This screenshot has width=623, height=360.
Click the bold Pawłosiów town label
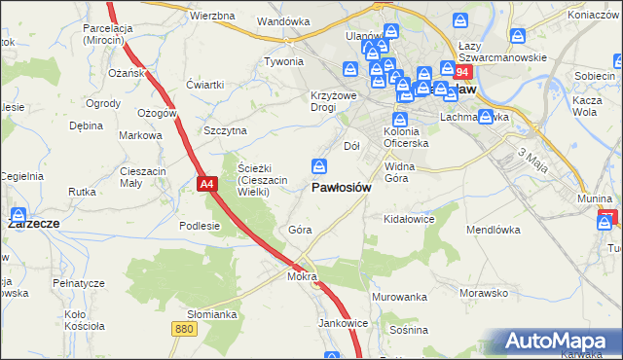tap(341, 188)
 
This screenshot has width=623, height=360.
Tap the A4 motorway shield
tap(205, 182)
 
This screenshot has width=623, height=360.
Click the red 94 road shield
tap(462, 73)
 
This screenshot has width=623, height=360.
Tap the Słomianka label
tap(212, 314)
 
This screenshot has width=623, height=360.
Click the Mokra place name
tap(302, 276)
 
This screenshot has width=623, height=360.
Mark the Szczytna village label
tap(225, 129)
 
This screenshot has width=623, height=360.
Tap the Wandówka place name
tap(282, 20)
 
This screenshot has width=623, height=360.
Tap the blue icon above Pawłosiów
tap(318, 166)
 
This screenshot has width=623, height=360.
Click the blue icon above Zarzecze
tap(18, 214)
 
